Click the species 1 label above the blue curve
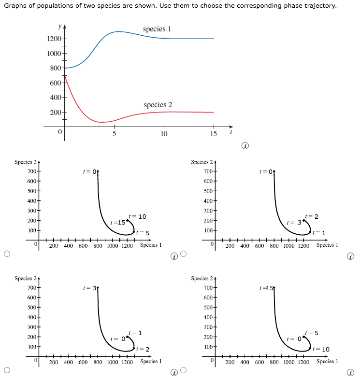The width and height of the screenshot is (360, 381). click(x=157, y=29)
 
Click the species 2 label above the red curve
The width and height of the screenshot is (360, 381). click(x=158, y=105)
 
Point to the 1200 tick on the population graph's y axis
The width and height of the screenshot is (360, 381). click(x=54, y=39)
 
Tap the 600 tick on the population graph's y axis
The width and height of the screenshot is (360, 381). click(x=55, y=83)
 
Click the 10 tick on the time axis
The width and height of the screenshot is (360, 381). click(x=163, y=133)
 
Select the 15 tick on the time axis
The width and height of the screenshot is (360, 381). click(x=214, y=133)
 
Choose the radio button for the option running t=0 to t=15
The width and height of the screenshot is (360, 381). click(x=7, y=254)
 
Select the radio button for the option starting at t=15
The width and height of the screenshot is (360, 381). click(x=184, y=370)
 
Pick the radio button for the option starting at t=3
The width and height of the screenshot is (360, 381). click(x=7, y=370)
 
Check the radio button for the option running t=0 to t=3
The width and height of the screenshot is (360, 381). click(x=184, y=254)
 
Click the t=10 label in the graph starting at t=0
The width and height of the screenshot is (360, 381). click(x=138, y=217)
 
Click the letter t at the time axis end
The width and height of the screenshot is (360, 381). click(x=231, y=131)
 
